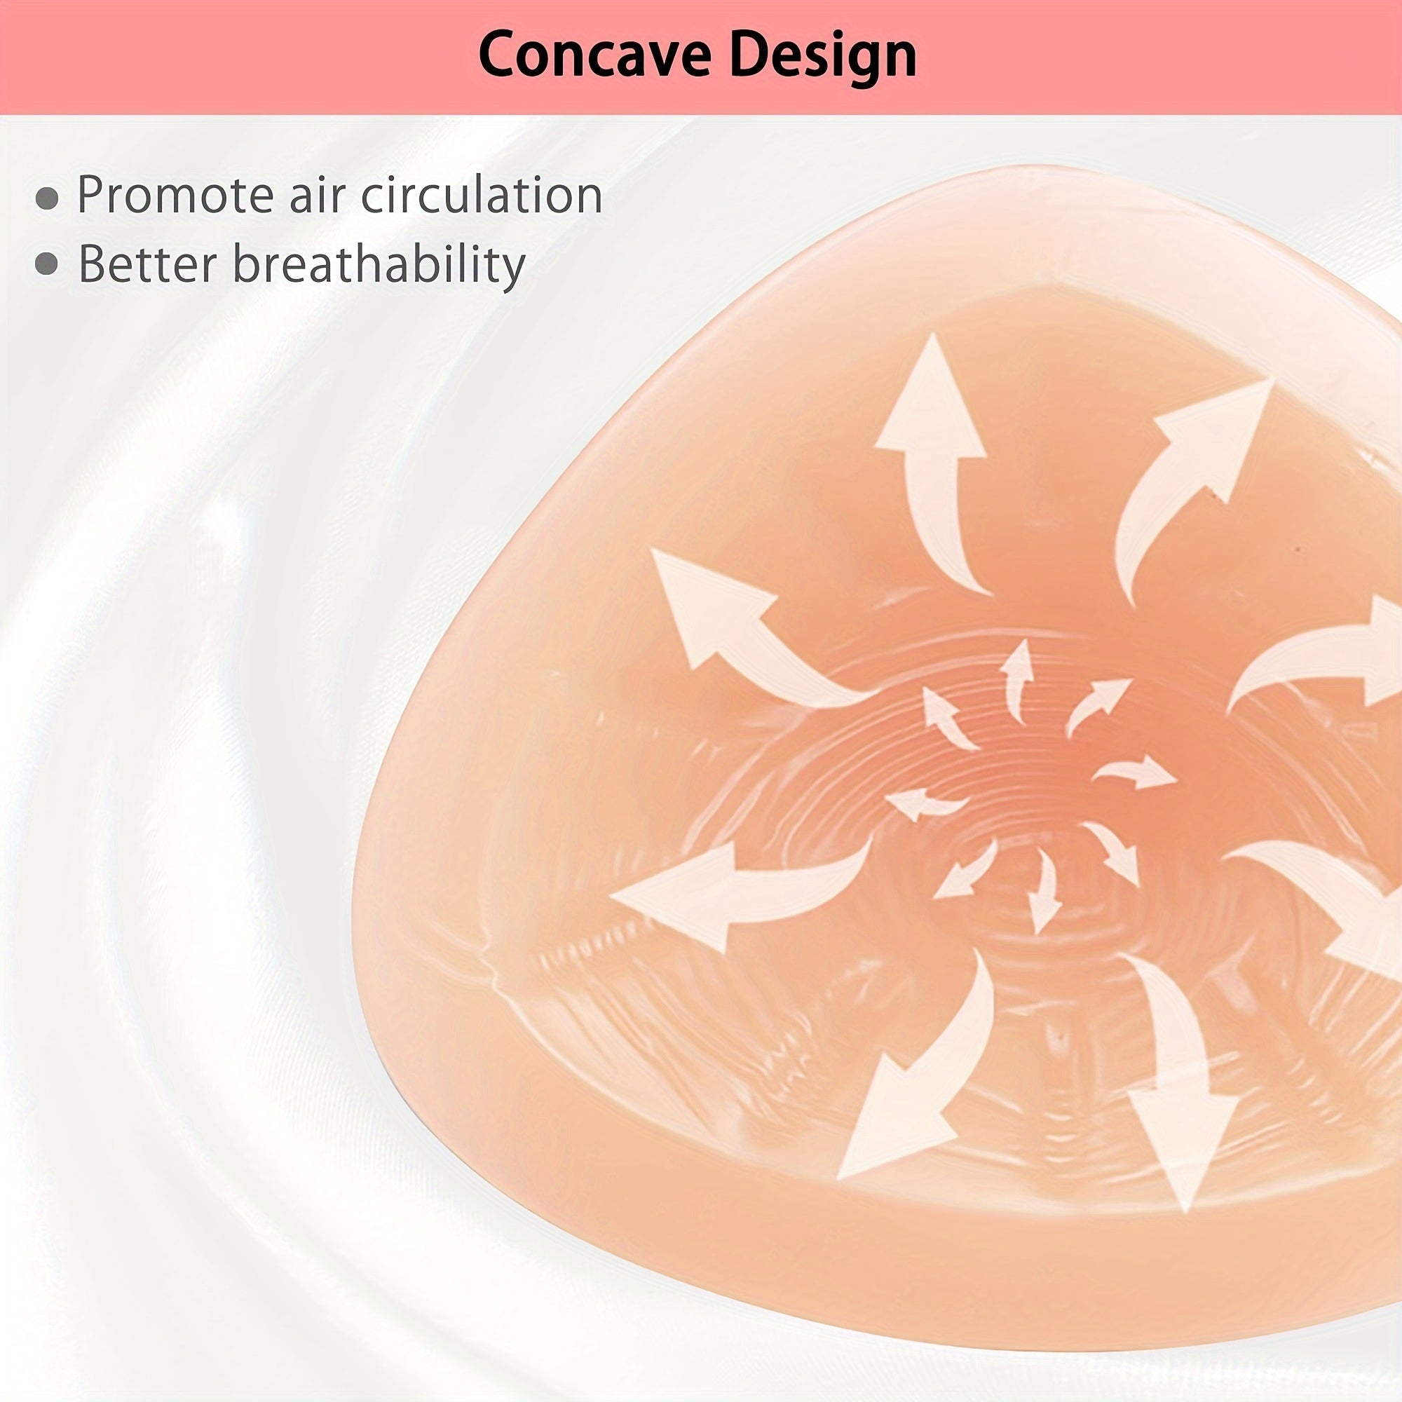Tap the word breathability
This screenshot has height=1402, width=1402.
pos(378,264)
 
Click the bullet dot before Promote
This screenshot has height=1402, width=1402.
pos(47,198)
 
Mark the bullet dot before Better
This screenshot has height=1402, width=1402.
pos(47,264)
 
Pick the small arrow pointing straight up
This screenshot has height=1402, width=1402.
pos(1019,675)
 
